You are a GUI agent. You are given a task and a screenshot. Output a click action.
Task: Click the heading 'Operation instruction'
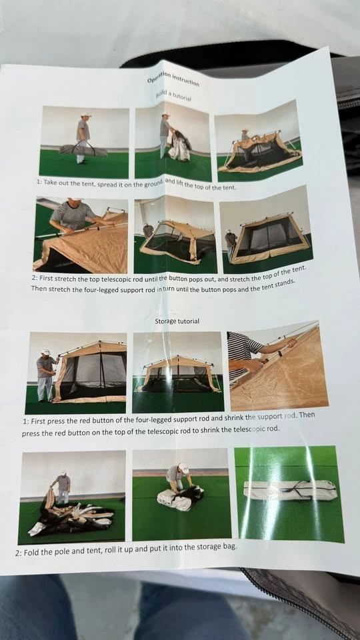point(173,77)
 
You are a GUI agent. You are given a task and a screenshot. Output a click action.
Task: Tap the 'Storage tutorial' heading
point(177,321)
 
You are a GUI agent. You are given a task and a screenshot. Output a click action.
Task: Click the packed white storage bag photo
point(290,495)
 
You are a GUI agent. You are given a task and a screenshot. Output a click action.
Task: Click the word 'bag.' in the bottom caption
point(229,547)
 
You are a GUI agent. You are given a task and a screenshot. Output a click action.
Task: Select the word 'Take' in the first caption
point(51,181)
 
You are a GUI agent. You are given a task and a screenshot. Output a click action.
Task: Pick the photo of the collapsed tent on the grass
point(72,497)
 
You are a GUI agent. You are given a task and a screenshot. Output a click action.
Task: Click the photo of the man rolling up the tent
point(181,494)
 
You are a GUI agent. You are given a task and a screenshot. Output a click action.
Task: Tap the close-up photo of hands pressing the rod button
point(278,366)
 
